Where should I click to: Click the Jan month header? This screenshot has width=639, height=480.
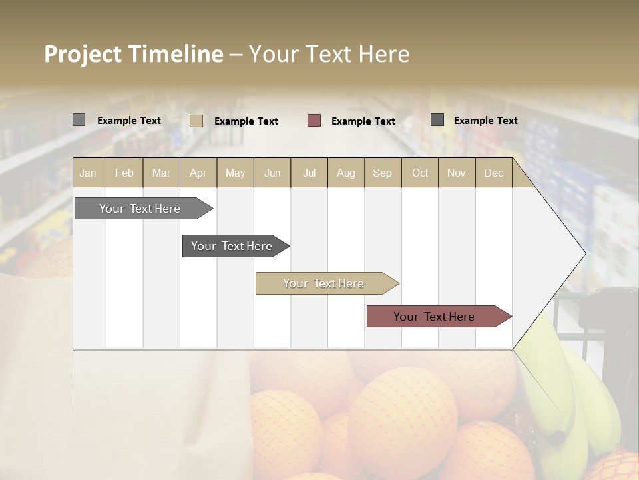[x=88, y=173]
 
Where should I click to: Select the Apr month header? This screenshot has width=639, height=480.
[x=198, y=173]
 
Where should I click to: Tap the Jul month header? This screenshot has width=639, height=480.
[x=310, y=173]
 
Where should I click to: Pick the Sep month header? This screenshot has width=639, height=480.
[x=382, y=173]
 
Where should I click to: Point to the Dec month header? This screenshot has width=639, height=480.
[x=493, y=173]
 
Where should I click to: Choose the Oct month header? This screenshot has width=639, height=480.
[x=420, y=173]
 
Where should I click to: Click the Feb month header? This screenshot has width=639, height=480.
[x=124, y=173]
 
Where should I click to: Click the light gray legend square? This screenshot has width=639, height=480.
[x=79, y=120]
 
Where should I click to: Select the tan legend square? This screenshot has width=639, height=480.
[x=196, y=121]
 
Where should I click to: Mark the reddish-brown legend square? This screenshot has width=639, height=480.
[x=314, y=121]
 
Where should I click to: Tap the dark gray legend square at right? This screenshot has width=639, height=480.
[x=437, y=120]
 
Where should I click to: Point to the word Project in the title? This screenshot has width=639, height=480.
[x=83, y=54]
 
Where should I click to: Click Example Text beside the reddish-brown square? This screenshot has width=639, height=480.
[x=363, y=121]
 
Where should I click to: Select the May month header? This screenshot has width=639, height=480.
[x=235, y=173]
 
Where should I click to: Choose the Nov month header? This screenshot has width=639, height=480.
[x=457, y=173]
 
